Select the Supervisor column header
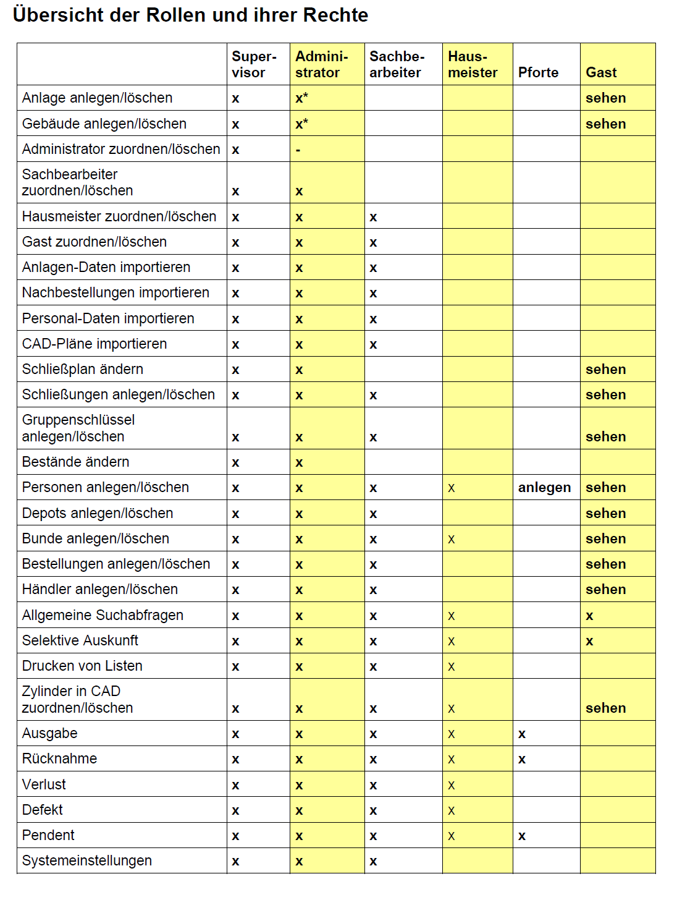coord(254,64)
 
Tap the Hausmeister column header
coord(473,64)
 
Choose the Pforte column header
coord(538,72)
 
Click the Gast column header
coord(601,72)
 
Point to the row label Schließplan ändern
coord(83,369)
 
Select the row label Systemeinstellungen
coord(87,860)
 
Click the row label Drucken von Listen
coord(82,666)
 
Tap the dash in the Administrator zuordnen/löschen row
coord(298,150)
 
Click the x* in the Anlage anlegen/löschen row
coord(301,98)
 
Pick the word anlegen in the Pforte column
coord(544,487)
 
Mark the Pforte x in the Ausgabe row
coord(522,734)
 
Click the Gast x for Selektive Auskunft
coord(589,641)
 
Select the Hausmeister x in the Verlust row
coord(452,785)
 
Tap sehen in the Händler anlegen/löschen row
coord(605,589)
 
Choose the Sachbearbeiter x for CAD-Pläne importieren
coord(373,344)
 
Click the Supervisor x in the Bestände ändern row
coord(235,462)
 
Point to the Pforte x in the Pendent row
coord(522,836)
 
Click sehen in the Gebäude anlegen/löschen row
coord(605,124)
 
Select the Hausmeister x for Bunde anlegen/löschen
coord(452,539)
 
